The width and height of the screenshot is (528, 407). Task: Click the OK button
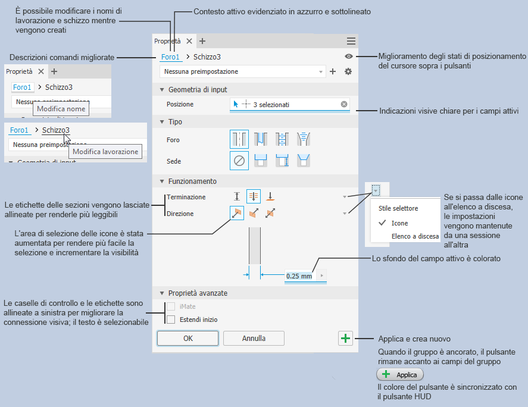[x=188, y=338]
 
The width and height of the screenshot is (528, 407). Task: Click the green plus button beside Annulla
[x=345, y=338]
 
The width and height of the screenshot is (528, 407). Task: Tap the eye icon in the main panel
[x=349, y=57]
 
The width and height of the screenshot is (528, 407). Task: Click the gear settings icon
[x=348, y=71]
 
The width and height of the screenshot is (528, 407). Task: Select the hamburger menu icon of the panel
[x=351, y=41]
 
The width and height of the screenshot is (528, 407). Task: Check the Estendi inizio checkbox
[x=171, y=320]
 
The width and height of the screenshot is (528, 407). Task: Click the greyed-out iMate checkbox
[x=171, y=306]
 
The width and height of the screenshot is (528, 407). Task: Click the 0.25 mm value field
[x=299, y=276]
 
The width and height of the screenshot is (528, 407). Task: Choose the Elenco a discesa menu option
[x=415, y=236]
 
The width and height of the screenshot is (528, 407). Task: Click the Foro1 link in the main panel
[x=170, y=57]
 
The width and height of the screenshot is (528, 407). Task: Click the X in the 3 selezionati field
[x=344, y=105]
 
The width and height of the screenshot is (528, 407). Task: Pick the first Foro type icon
[x=239, y=140]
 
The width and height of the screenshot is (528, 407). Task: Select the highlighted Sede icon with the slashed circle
[x=239, y=161]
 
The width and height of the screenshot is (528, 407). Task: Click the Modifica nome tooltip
[x=61, y=109]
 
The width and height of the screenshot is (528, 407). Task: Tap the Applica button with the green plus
[x=400, y=375]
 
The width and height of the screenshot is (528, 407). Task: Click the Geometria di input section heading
[x=197, y=89]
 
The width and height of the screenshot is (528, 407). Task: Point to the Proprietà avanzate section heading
[x=198, y=293]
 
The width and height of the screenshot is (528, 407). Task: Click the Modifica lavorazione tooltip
[x=105, y=152]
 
